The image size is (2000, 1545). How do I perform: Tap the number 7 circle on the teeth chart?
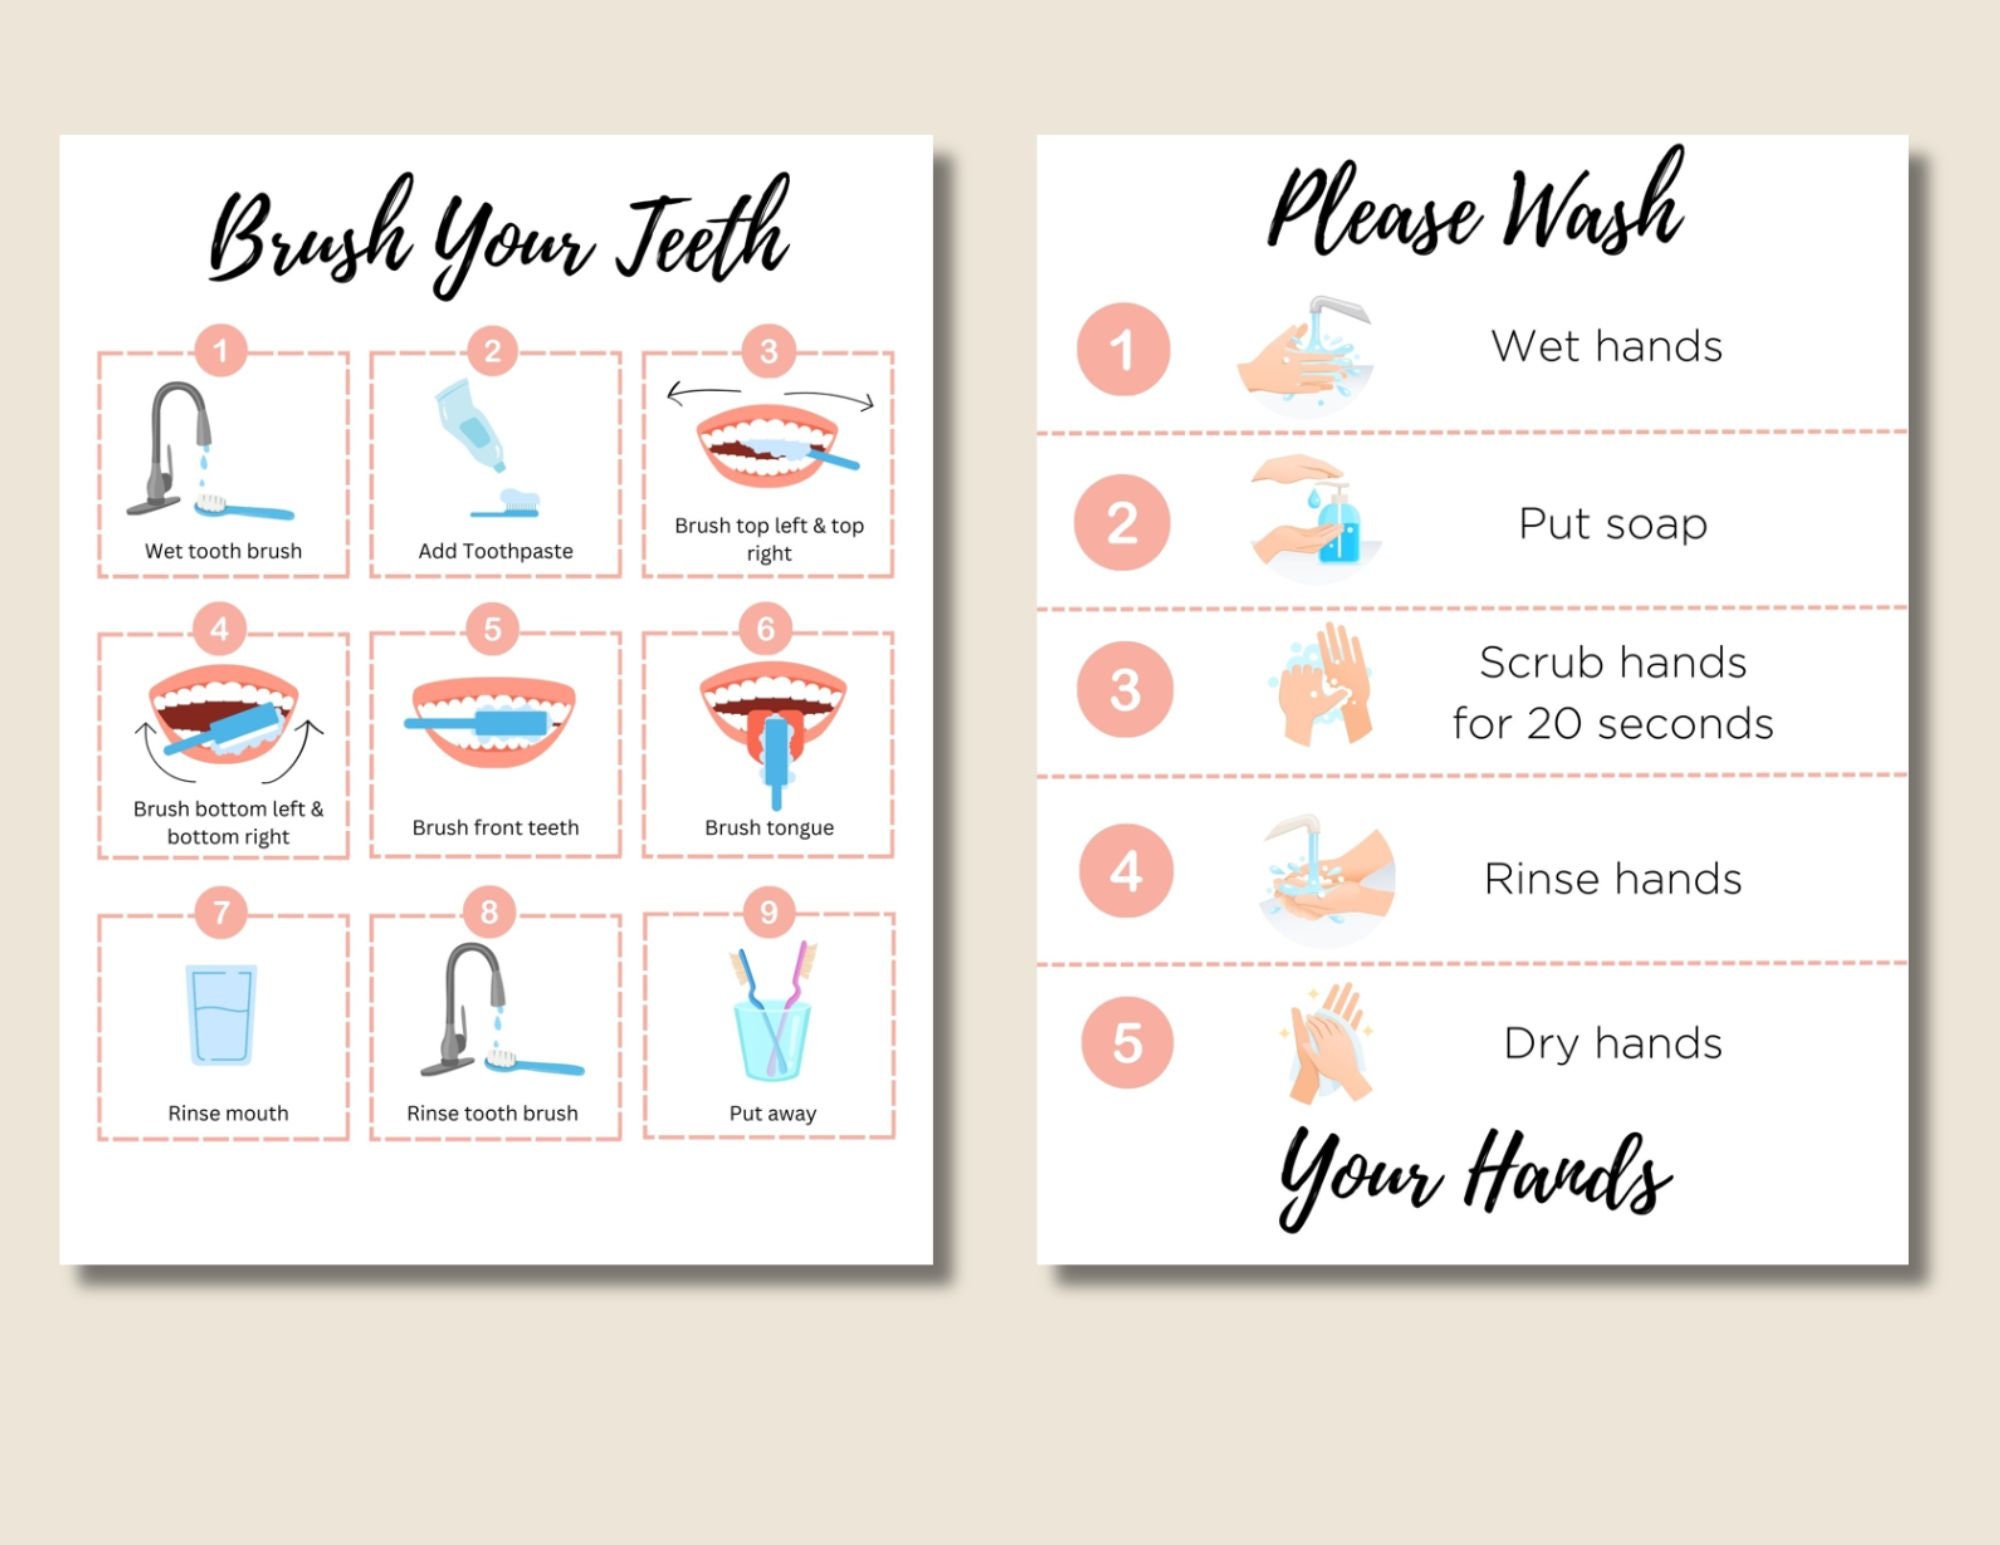coord(221,912)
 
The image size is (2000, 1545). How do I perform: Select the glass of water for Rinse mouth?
coord(221,1014)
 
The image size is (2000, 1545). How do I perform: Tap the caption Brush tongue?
coord(769,828)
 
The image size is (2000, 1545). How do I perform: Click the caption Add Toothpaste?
coord(495,551)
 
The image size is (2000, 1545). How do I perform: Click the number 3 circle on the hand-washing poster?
coord(1125,690)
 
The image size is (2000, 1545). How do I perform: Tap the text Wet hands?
coord(1606,347)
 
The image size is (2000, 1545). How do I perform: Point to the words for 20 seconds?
coord(1612,724)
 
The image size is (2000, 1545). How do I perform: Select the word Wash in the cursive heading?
coord(1594,205)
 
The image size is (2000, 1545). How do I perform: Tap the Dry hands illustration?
coord(1326,1044)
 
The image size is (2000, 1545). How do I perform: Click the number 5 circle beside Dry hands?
coord(1127,1043)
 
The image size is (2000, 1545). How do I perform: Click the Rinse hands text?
coord(1612,880)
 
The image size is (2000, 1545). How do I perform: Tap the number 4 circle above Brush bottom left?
coord(220,629)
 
